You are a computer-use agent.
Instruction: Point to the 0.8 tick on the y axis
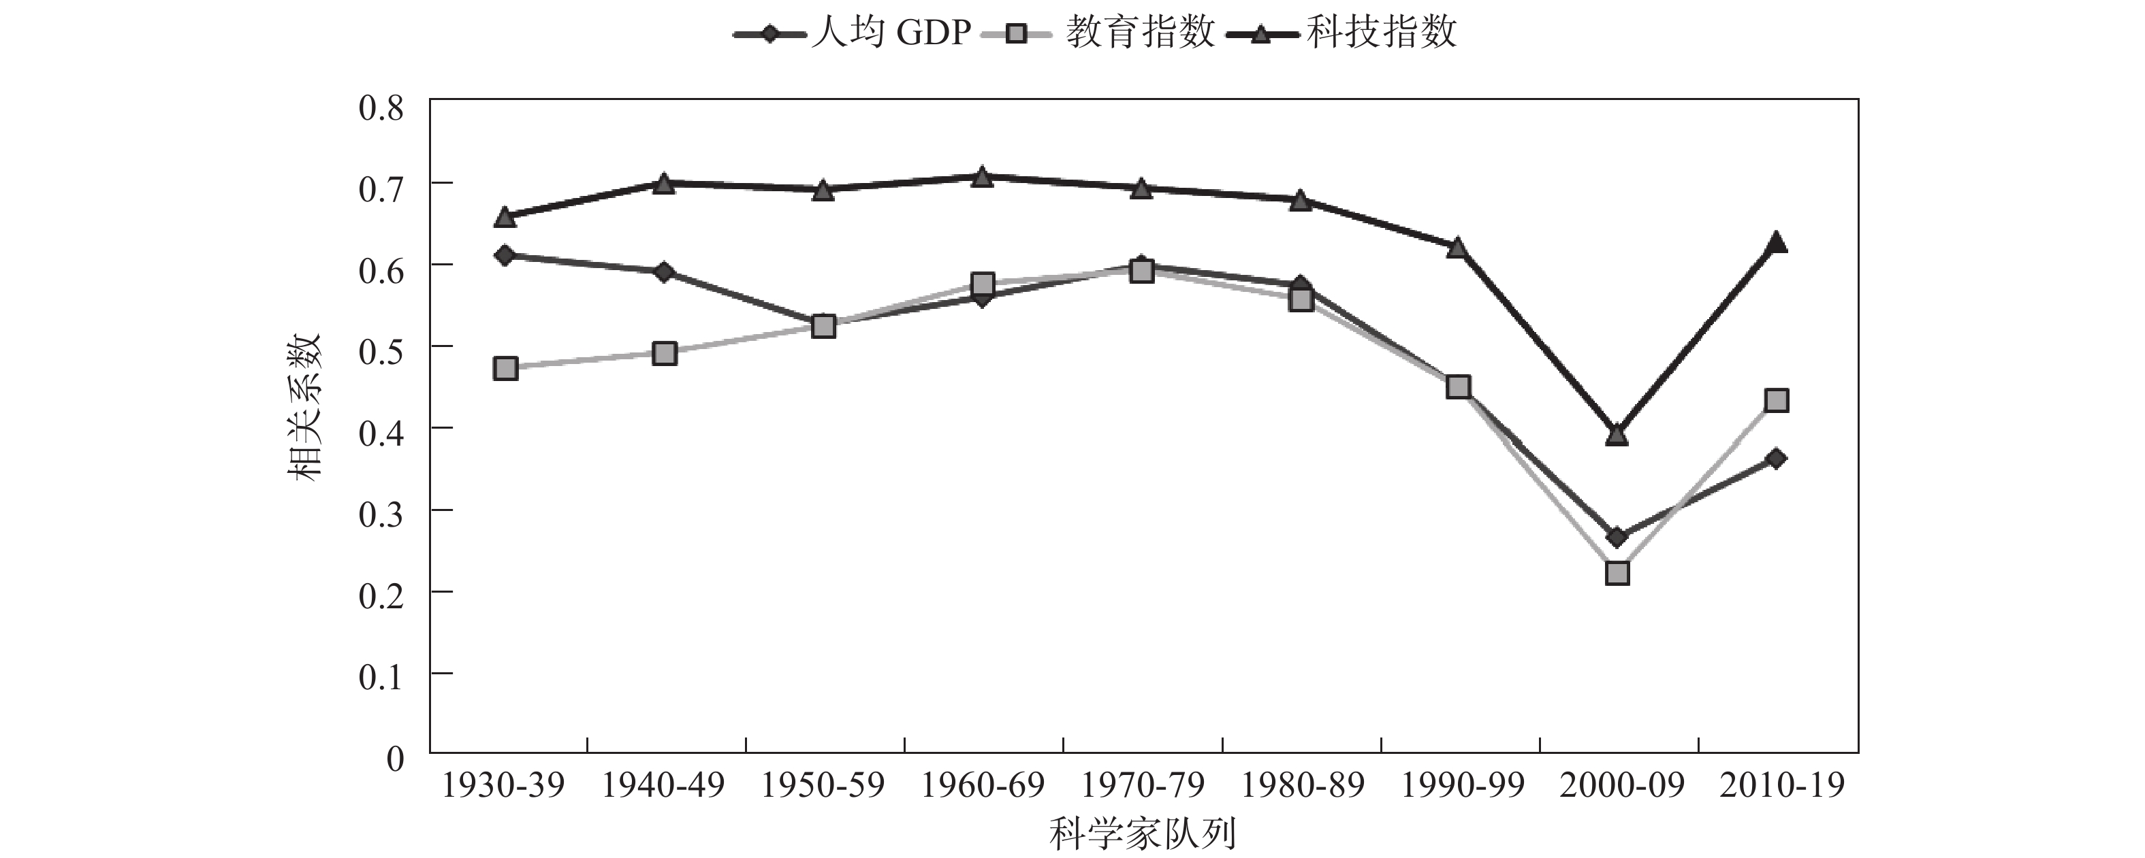pyautogui.click(x=381, y=108)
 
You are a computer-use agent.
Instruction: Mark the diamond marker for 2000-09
pyautogui.click(x=1617, y=538)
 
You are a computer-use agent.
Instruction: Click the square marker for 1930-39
pyautogui.click(x=505, y=369)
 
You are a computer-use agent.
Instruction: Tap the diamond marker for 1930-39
pyautogui.click(x=505, y=254)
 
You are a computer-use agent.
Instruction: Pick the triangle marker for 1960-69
pyautogui.click(x=983, y=176)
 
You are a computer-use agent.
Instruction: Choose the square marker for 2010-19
pyautogui.click(x=1776, y=400)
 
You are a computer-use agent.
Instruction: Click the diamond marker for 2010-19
pyautogui.click(x=1776, y=459)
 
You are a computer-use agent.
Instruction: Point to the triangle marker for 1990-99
pyautogui.click(x=1457, y=248)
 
